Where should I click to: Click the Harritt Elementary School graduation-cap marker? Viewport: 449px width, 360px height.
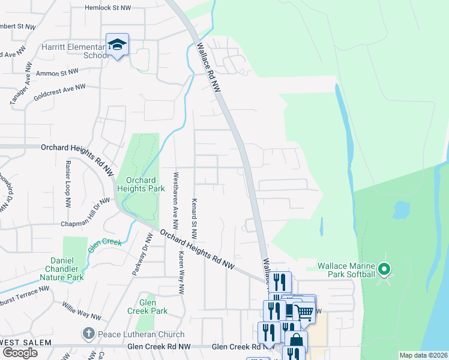pos(117,44)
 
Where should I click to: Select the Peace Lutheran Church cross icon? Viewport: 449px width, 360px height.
pos(88,333)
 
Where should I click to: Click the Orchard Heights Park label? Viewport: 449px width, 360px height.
pos(140,184)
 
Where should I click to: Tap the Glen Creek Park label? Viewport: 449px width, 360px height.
pos(147,307)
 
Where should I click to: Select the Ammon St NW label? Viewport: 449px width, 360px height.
pos(57,72)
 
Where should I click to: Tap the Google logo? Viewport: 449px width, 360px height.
pos(20,353)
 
